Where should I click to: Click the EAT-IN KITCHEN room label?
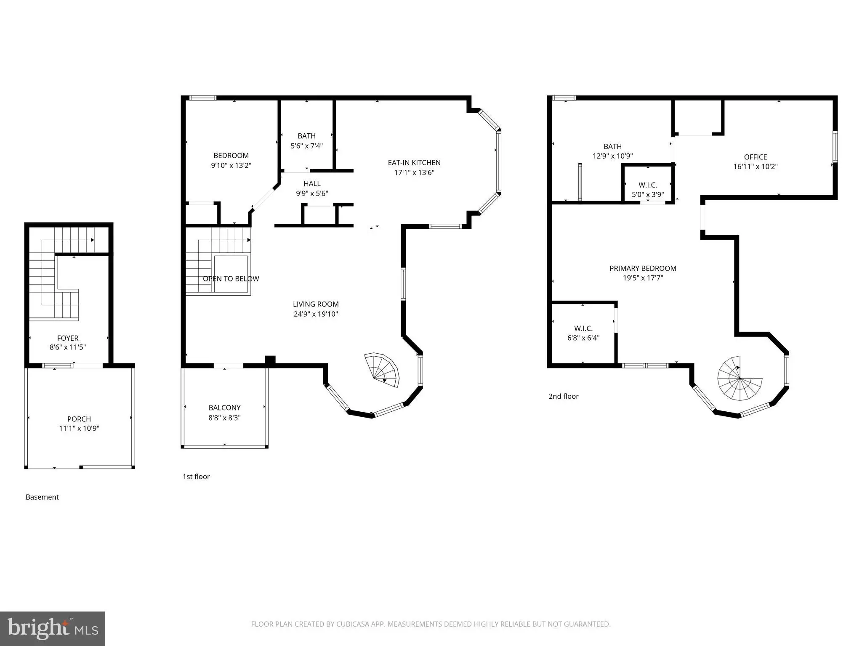pos(414,163)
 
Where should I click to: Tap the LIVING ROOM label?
pos(316,304)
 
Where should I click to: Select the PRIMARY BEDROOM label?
pos(643,268)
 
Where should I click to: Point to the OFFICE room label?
pos(756,157)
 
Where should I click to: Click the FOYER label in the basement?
pos(68,338)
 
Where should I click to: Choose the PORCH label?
pos(79,419)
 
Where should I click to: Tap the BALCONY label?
pos(225,408)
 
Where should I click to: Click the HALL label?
pos(312,184)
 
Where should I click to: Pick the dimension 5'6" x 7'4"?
pos(306,146)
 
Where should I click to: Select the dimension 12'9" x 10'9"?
pos(612,156)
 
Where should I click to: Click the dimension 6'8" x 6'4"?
pos(583,338)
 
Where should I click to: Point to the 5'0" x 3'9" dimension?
pos(648,195)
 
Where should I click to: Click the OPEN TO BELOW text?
pos(231,279)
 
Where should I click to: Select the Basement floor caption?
pos(42,497)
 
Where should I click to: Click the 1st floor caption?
pos(196,477)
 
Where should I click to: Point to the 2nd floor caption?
pos(564,396)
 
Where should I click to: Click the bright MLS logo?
pos(53,629)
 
